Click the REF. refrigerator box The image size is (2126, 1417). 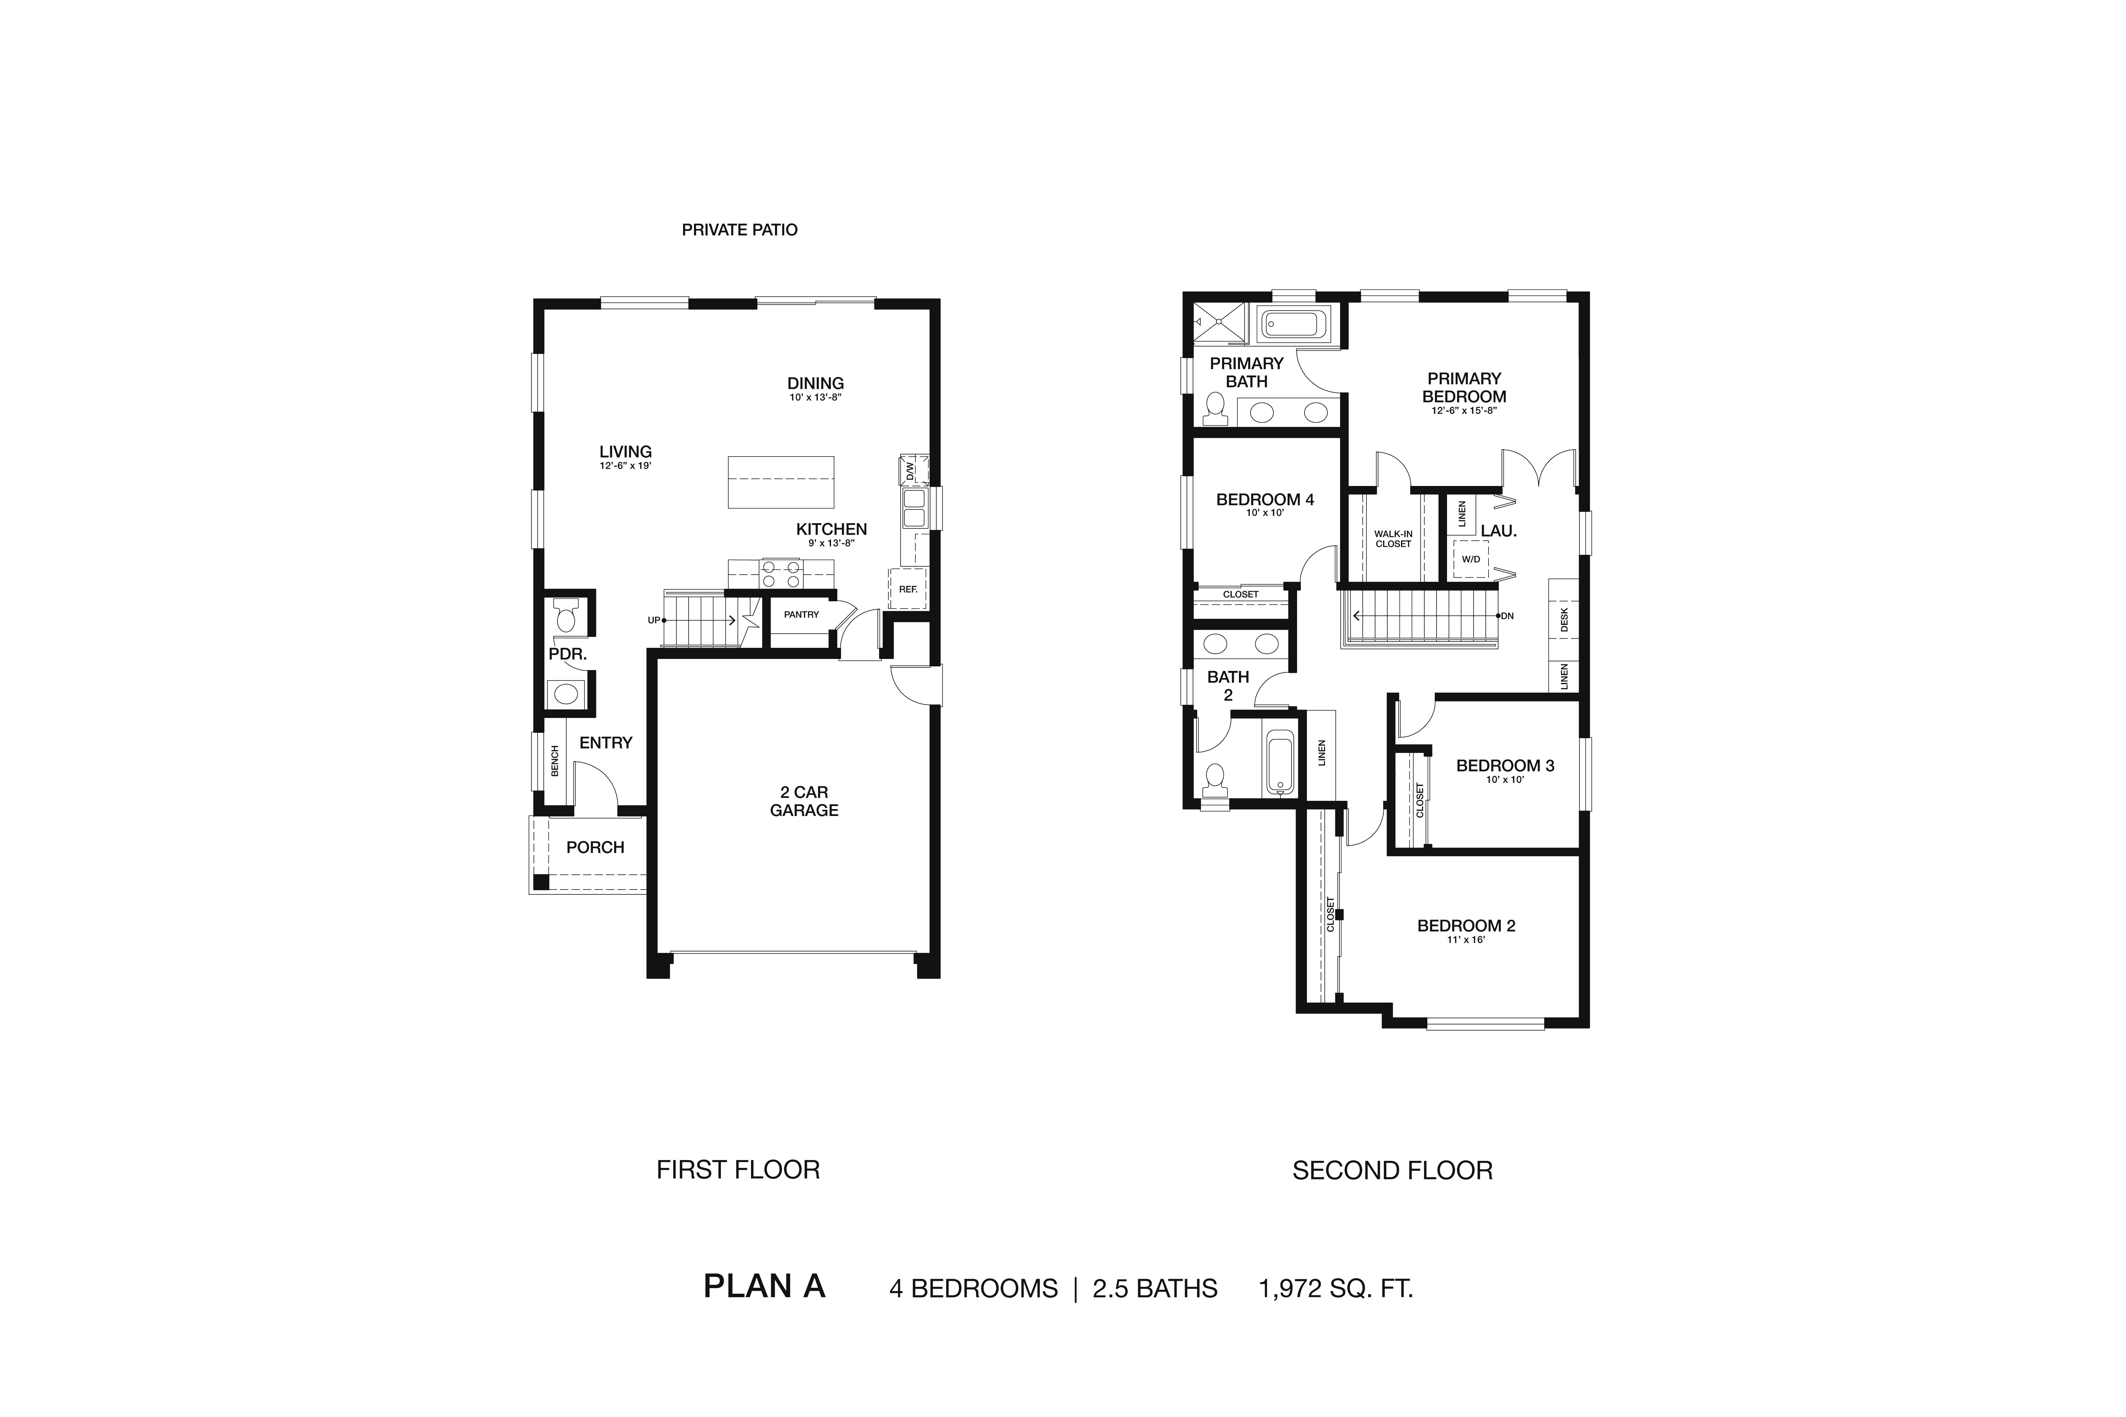908,588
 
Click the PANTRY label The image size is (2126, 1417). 801,615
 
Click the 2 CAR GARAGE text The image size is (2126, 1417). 804,801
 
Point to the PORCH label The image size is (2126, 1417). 595,847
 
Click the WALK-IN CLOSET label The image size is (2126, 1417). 1393,539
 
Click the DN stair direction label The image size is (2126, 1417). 1507,616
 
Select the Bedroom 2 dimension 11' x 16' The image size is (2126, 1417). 1465,940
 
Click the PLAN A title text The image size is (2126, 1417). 764,1286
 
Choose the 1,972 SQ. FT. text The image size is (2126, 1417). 1335,1288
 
